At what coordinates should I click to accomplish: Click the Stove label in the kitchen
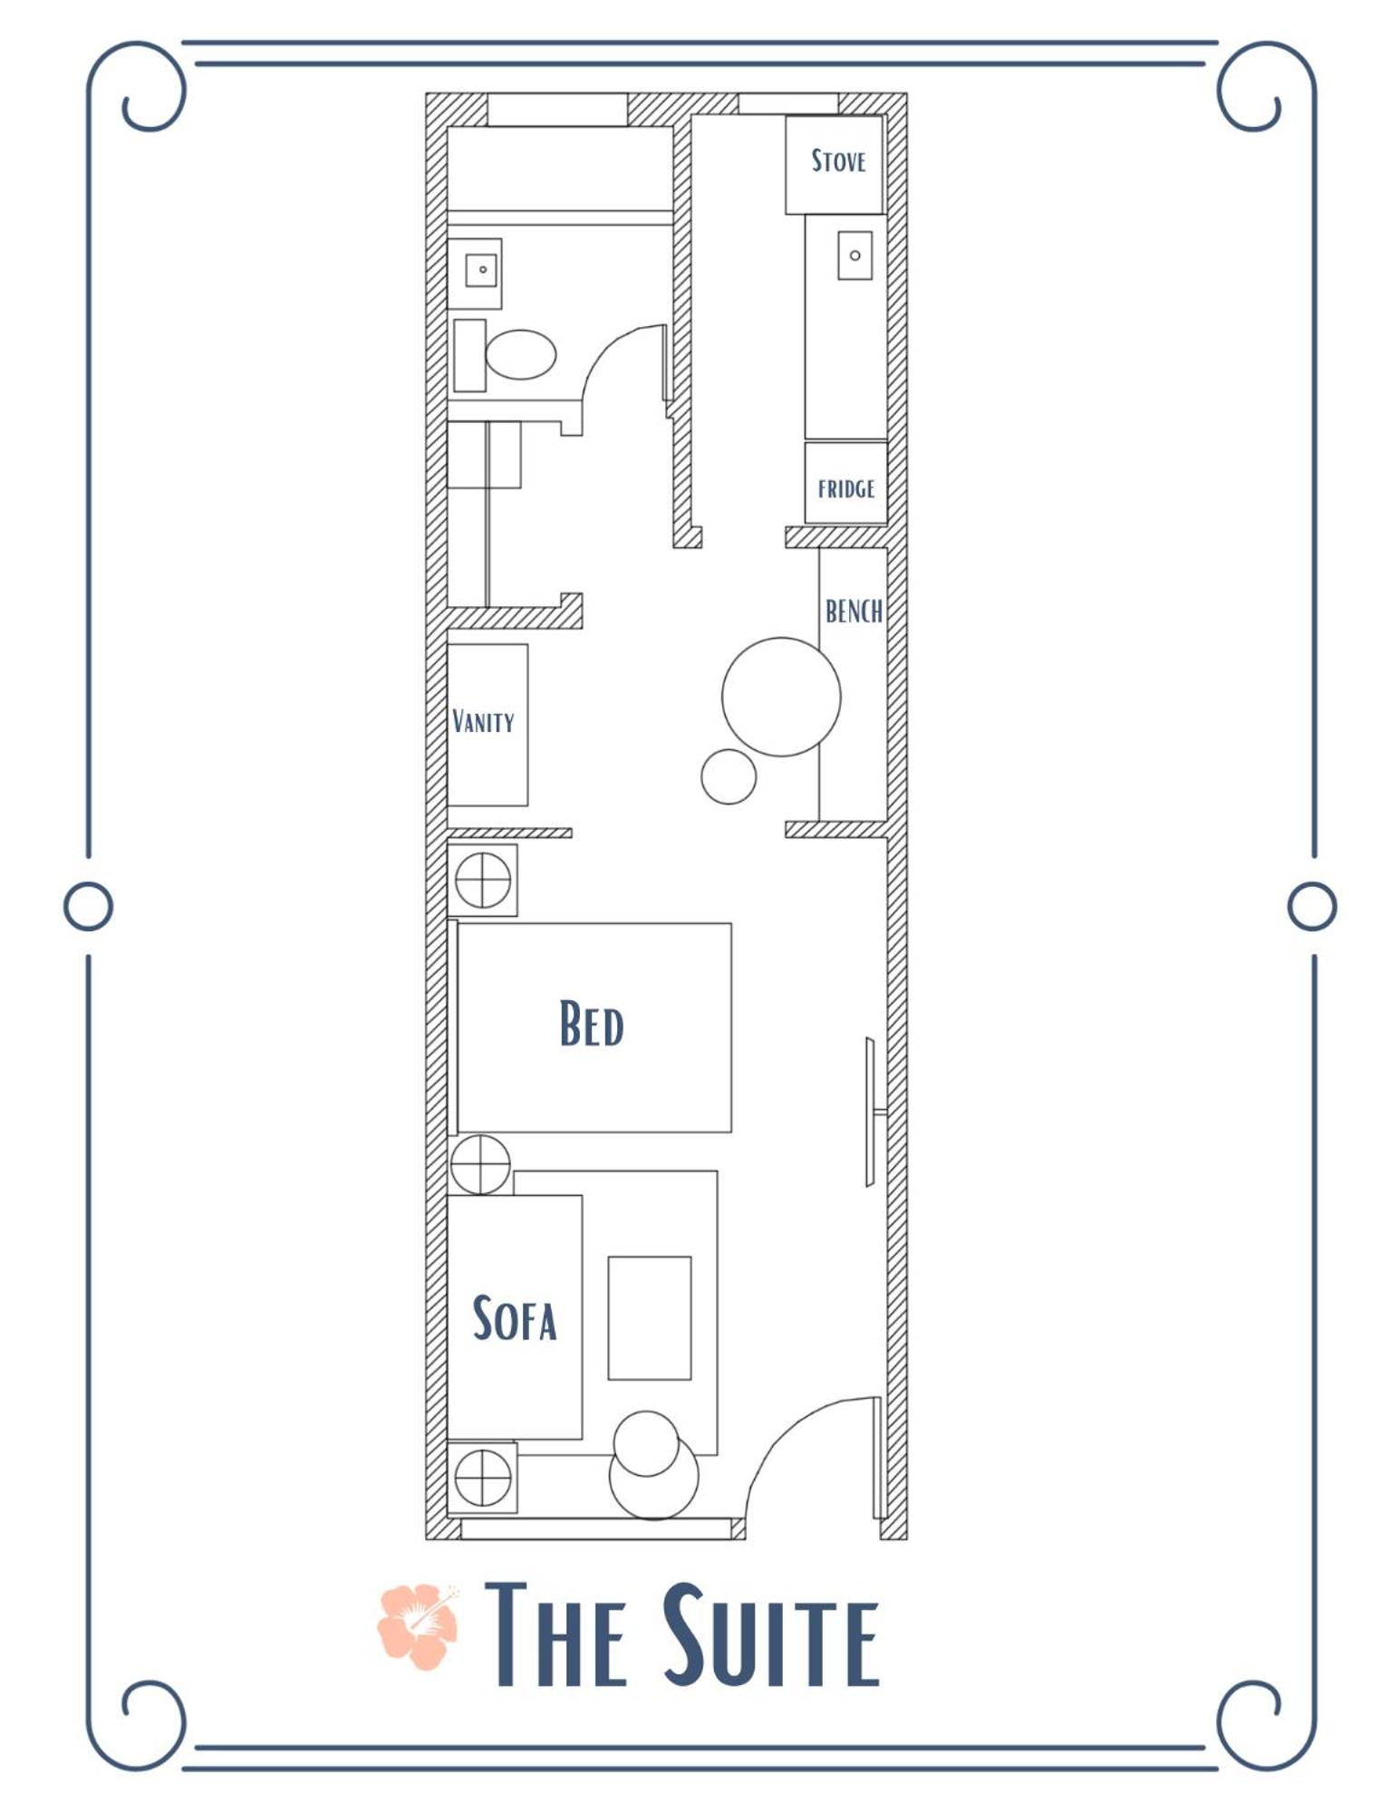(838, 161)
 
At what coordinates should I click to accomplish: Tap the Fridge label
(846, 489)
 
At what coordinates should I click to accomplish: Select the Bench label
(854, 612)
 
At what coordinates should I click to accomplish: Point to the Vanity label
(483, 721)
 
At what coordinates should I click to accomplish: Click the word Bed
(592, 1024)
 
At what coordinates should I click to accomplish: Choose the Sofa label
(515, 1318)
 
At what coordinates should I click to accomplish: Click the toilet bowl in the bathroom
(520, 354)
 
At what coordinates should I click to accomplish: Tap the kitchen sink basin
(854, 255)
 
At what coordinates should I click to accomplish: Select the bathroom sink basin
(481, 270)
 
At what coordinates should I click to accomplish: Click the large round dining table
(781, 697)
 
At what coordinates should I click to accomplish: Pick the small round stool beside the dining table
(729, 776)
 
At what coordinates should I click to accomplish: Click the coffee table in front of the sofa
(650, 1318)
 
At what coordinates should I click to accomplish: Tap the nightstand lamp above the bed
(483, 880)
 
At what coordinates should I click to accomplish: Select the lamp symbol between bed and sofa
(480, 1164)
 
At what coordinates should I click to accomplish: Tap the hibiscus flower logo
(418, 1626)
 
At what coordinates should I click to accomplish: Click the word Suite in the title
(771, 1636)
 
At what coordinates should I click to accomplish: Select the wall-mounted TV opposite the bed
(871, 1112)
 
